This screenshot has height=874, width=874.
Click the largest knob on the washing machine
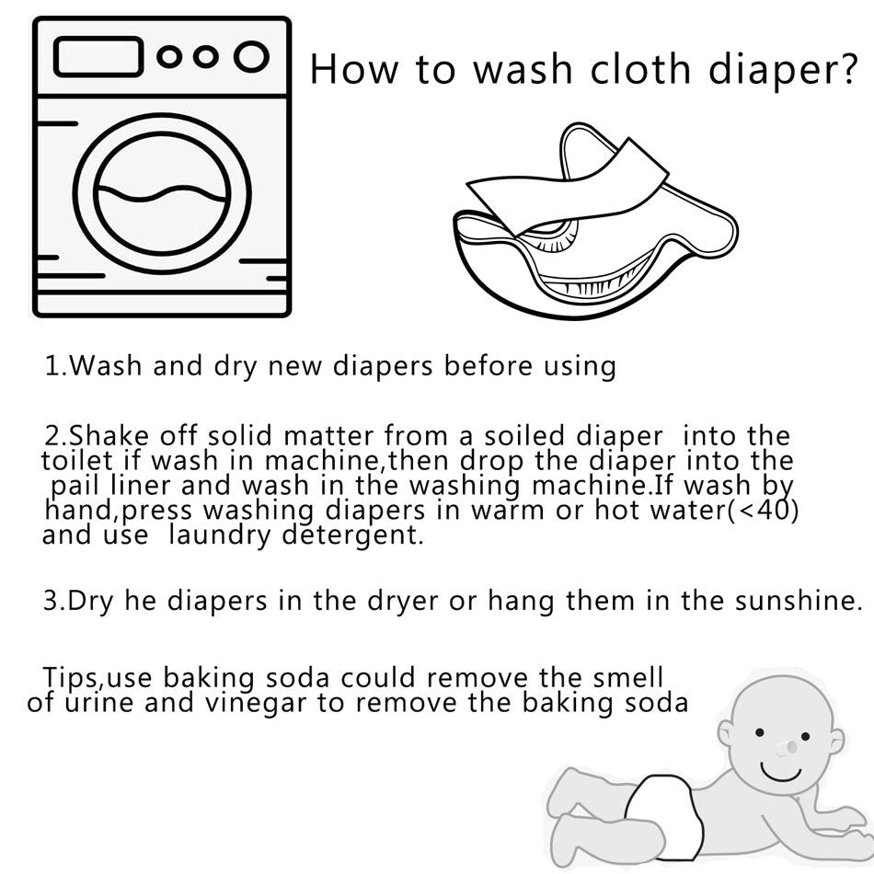tap(250, 57)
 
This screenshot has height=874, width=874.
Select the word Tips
tap(73, 679)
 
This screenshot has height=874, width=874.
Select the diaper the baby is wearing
tap(666, 810)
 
